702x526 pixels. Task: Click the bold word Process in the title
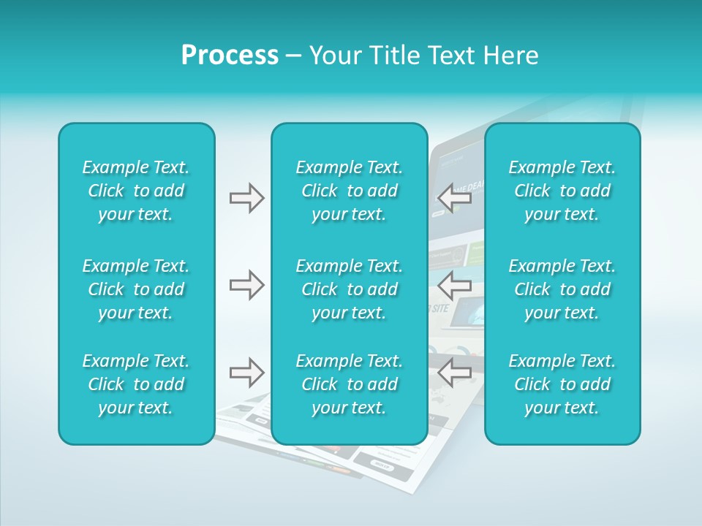(230, 56)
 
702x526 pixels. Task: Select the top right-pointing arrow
(247, 198)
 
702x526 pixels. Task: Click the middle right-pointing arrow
(247, 285)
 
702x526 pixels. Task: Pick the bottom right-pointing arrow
(247, 373)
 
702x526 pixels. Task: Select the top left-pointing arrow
(455, 198)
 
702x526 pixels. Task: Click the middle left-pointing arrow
(455, 285)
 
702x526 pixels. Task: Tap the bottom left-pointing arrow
(455, 373)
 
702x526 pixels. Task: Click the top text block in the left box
(136, 191)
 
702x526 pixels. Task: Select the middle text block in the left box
(136, 289)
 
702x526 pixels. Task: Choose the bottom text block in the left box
(136, 384)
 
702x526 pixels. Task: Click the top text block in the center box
(349, 191)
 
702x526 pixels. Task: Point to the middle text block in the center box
(349, 289)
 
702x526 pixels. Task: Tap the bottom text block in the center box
(349, 384)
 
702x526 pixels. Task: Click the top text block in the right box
(562, 191)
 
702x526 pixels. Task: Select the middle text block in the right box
(562, 289)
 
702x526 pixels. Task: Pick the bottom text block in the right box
(562, 384)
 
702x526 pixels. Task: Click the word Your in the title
(336, 56)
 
